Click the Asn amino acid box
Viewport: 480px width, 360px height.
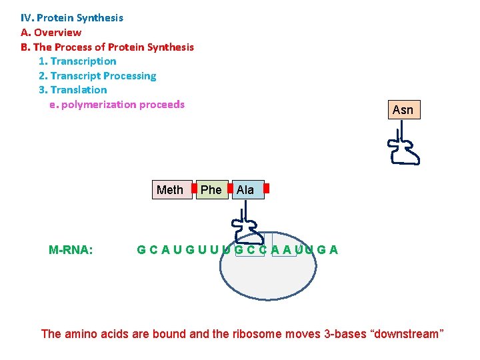pyautogui.click(x=403, y=110)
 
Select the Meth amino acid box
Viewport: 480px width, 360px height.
pyautogui.click(x=170, y=190)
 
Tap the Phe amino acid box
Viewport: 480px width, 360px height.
pyautogui.click(x=211, y=190)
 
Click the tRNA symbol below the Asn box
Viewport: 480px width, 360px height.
pyautogui.click(x=403, y=147)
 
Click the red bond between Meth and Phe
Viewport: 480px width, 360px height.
pyautogui.click(x=194, y=189)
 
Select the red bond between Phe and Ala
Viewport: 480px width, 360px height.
pyautogui.click(x=229, y=189)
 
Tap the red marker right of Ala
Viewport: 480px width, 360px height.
pyautogui.click(x=266, y=189)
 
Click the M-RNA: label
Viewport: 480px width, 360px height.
pyautogui.click(x=71, y=250)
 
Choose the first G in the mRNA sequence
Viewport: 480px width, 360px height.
pyautogui.click(x=141, y=250)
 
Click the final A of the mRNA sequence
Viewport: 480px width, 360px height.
pyautogui.click(x=333, y=250)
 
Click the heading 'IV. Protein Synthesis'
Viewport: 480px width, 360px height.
pyautogui.click(x=72, y=18)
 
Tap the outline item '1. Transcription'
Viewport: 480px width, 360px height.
pyautogui.click(x=77, y=61)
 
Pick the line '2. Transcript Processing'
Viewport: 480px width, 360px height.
pyautogui.click(x=97, y=76)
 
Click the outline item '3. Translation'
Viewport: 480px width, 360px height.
pyautogui.click(x=73, y=90)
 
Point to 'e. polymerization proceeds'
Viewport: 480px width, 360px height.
pyautogui.click(x=117, y=105)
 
